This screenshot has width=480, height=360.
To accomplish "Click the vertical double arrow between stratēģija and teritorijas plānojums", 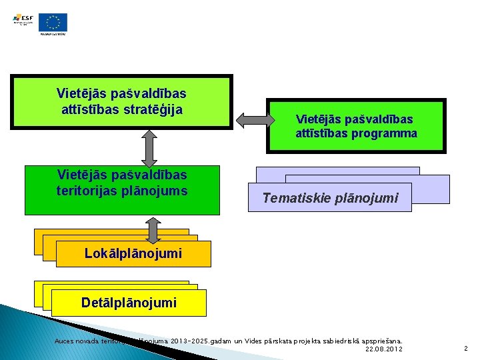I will pyautogui.click(x=151, y=147).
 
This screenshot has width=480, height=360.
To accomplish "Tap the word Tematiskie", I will pyautogui.click(x=295, y=198).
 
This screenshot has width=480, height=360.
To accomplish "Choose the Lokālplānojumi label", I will pyautogui.click(x=133, y=253).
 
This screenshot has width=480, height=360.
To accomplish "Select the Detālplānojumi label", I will pyautogui.click(x=129, y=303).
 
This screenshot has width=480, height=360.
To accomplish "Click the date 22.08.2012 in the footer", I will pyautogui.click(x=385, y=349).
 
